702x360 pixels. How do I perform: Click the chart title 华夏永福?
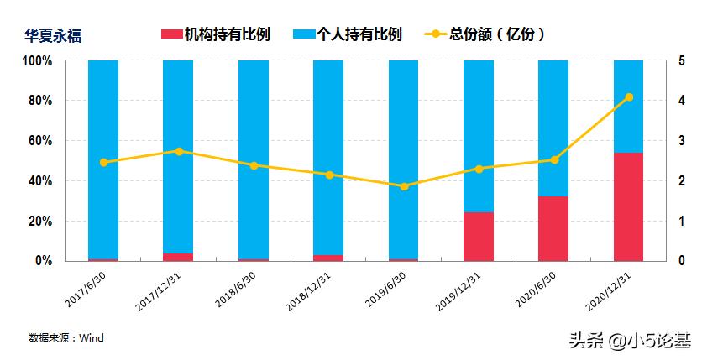point(52,36)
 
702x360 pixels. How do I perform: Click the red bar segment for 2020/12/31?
point(629,206)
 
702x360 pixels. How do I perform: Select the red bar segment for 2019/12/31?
point(479,236)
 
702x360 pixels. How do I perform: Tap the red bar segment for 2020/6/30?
point(553,228)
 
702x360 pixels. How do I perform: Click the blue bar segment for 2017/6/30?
point(103,159)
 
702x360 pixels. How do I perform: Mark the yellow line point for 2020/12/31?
point(629,97)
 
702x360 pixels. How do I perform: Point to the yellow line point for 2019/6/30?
point(404,186)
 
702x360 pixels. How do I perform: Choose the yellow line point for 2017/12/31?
point(179,151)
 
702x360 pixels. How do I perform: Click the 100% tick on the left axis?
point(37,61)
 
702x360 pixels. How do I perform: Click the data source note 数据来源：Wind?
point(65,337)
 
